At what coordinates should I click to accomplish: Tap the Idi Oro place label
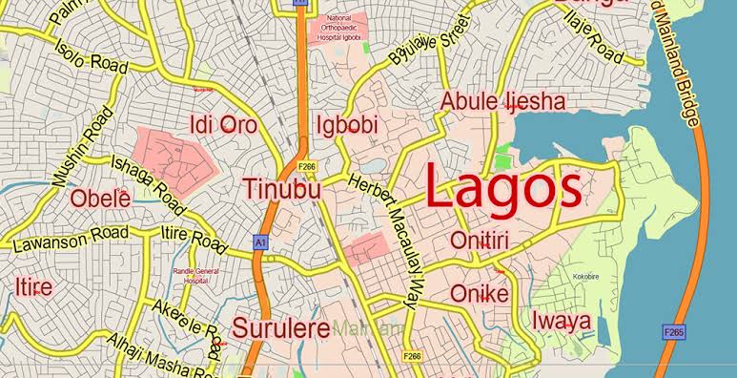tap(225, 124)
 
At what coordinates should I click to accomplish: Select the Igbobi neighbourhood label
tap(347, 125)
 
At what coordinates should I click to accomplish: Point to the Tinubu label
tap(282, 190)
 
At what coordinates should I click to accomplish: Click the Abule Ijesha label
tap(502, 101)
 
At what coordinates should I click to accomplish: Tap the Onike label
tap(479, 293)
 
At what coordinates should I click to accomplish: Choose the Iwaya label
tap(561, 320)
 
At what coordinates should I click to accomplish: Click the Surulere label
tap(281, 325)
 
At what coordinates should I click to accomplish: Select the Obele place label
tap(100, 199)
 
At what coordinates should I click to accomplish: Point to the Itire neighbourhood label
tap(33, 287)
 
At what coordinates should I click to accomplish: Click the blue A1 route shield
tap(259, 243)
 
